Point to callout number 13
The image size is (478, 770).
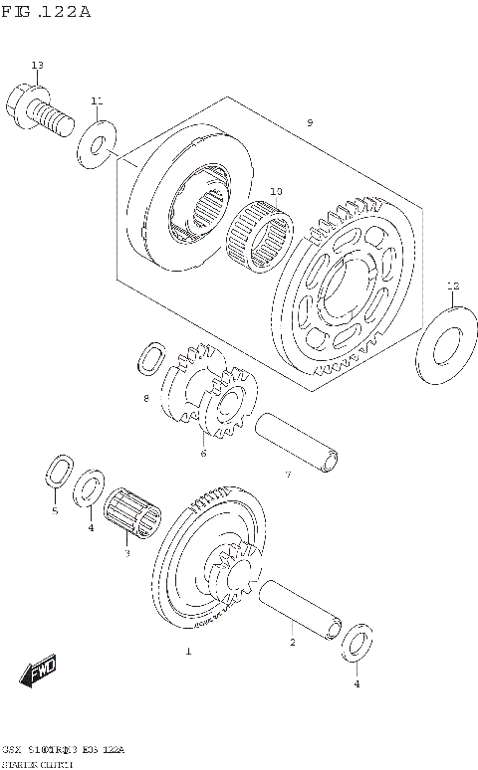pos(37,66)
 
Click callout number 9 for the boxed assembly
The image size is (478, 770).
pos(310,122)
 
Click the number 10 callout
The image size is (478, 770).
pos(276,191)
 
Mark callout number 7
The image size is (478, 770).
pos(287,475)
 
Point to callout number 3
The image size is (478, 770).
pos(126,553)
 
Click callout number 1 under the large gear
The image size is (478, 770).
pos(186,652)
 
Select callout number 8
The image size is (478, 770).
pos(145,398)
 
